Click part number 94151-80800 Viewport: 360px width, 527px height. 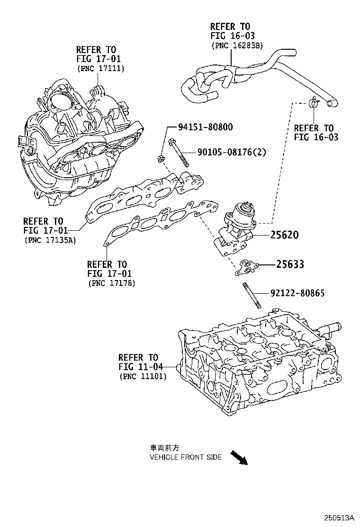point(205,127)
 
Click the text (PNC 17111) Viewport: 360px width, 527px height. point(100,68)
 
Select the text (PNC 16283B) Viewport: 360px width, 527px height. point(236,45)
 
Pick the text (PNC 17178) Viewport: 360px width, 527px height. point(111,283)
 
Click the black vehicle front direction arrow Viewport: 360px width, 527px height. point(239,458)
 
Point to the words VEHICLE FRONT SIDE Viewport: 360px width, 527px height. point(185,457)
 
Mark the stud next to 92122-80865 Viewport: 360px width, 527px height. point(252,295)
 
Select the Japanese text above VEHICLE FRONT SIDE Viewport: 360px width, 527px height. point(164,448)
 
